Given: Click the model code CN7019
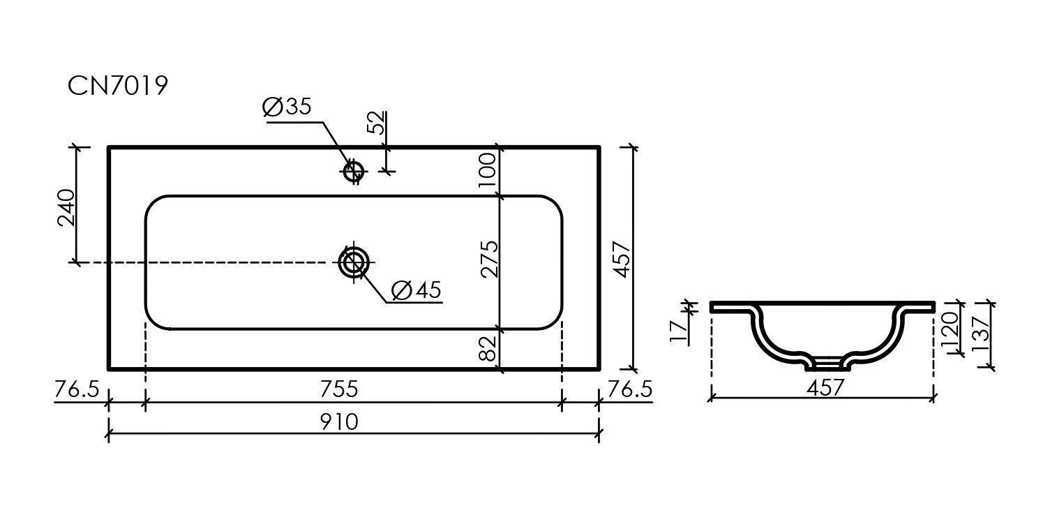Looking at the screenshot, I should click(x=118, y=86).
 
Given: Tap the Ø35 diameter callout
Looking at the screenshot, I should click(x=287, y=107).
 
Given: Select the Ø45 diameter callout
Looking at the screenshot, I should click(x=416, y=289).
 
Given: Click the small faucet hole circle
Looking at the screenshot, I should click(x=354, y=170).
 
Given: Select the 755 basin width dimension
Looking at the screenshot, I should click(x=338, y=388).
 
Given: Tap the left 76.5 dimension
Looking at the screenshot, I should click(x=77, y=389).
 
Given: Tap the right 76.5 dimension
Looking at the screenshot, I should click(x=630, y=389).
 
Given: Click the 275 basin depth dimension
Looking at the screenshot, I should click(x=489, y=260).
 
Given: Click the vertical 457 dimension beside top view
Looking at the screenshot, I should click(x=622, y=258).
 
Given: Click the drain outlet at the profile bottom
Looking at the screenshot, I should click(x=829, y=364).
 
